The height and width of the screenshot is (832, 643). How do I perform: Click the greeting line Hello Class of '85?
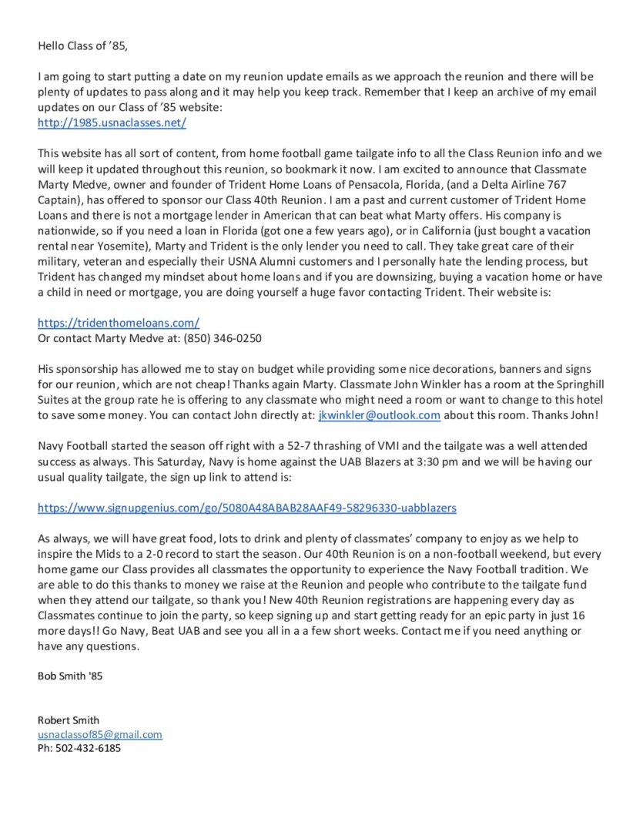click(82, 45)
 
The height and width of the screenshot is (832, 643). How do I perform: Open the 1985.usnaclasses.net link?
click(112, 122)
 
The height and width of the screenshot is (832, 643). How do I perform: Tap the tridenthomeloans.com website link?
click(119, 323)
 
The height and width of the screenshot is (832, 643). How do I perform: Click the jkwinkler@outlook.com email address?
click(379, 414)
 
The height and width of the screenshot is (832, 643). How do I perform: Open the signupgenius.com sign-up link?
click(247, 508)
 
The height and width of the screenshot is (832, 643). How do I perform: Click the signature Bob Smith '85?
click(70, 676)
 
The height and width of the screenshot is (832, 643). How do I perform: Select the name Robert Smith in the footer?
click(69, 720)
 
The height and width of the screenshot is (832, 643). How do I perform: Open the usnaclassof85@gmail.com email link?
click(100, 735)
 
